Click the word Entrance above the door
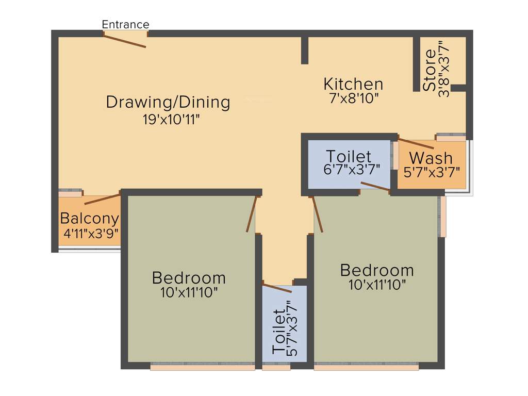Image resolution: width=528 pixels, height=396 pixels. click(125, 24)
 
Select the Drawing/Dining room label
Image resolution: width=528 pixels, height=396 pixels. click(168, 102)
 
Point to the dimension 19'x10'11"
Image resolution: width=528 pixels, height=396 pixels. click(172, 120)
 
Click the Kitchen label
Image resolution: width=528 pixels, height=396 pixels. click(353, 84)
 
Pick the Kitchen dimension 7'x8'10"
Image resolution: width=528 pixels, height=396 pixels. click(354, 98)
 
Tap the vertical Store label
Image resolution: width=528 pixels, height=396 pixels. click(429, 70)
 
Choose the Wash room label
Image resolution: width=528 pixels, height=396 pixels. click(431, 158)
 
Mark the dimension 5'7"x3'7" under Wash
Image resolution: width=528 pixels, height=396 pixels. click(432, 172)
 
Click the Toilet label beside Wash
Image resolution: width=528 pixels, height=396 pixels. click(349, 156)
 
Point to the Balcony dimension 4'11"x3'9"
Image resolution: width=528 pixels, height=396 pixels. click(91, 233)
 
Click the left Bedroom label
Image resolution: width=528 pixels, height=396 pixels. click(189, 278)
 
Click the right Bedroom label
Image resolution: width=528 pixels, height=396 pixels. click(377, 270)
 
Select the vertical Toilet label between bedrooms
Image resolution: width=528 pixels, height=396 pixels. click(278, 331)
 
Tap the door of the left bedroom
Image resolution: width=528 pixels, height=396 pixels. click(251, 214)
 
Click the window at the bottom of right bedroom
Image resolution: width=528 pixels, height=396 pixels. click(366, 367)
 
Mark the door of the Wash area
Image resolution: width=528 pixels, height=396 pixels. click(416, 144)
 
